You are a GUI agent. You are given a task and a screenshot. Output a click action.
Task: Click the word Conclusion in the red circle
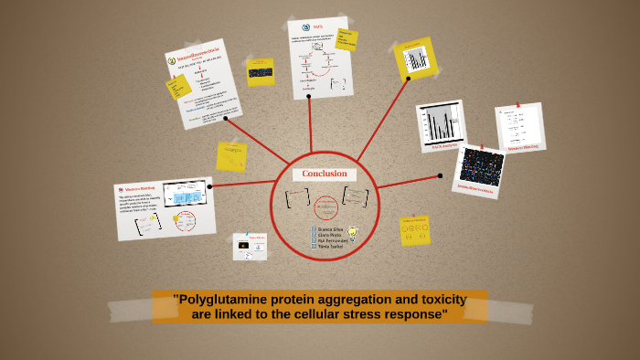pyautogui.click(x=325, y=174)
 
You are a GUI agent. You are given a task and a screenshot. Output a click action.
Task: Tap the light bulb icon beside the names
pyautogui.click(x=350, y=234)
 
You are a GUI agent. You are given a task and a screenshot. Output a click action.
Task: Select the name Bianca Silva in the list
pyautogui.click(x=330, y=228)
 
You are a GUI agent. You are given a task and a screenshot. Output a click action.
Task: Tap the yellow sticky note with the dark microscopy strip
pyautogui.click(x=261, y=71)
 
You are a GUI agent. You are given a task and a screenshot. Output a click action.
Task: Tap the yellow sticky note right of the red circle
pyautogui.click(x=415, y=229)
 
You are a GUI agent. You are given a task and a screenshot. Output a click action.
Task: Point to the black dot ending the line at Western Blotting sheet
pyautogui.click(x=210, y=186)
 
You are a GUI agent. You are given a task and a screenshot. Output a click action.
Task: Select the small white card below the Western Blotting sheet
pyautogui.click(x=250, y=246)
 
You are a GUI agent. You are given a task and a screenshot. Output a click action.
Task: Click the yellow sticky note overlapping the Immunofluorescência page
pyautogui.click(x=178, y=87)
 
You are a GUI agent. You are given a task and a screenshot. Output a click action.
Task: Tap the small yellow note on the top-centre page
pyautogui.click(x=346, y=39)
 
